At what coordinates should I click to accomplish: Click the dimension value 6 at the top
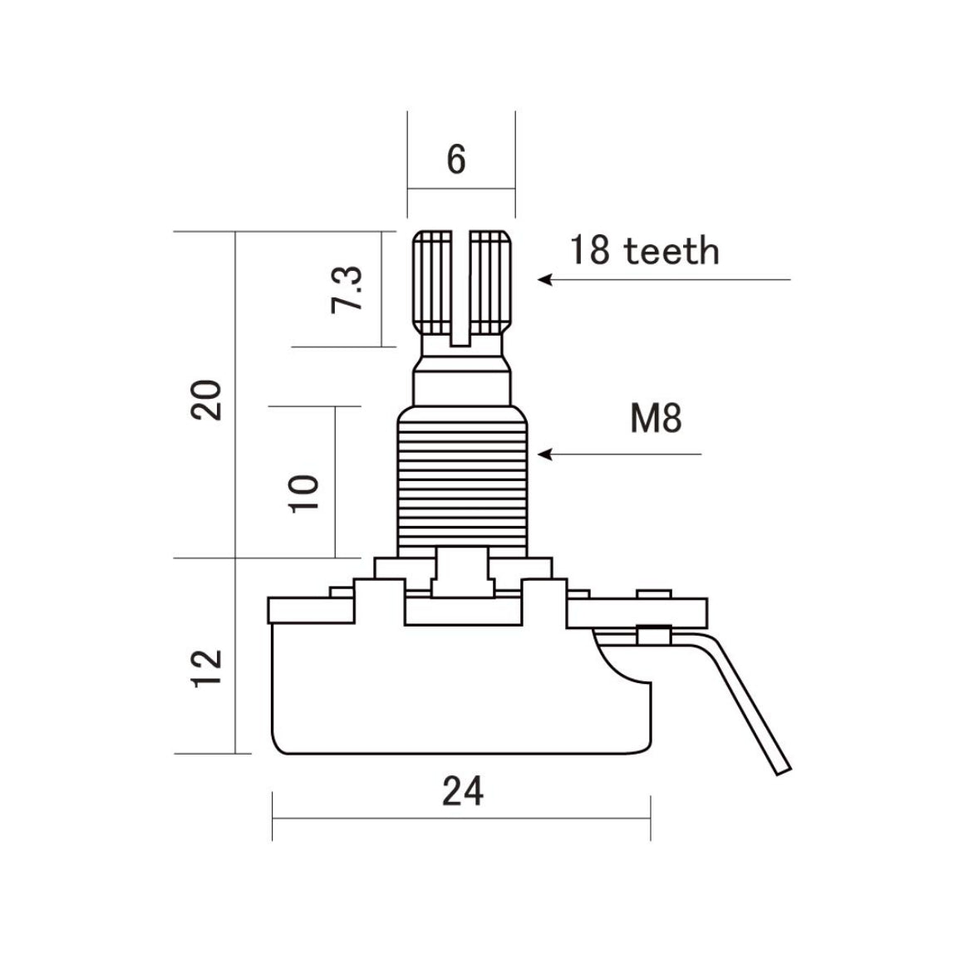coord(456,160)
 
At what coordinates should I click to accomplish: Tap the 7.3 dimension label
coord(347,290)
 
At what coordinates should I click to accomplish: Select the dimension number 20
coord(206,400)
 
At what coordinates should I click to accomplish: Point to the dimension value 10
coord(304,493)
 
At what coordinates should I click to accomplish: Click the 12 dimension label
coord(207,668)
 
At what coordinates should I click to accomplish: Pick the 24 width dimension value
coord(463,791)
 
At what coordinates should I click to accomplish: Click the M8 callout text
coord(656,418)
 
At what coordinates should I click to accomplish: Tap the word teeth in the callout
coord(671,251)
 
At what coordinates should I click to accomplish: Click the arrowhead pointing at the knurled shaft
coord(544,280)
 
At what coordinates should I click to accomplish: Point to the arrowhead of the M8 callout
coord(544,455)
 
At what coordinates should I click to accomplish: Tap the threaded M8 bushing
coord(462,482)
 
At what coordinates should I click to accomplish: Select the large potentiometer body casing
coord(461,689)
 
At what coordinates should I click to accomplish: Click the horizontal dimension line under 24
coord(461,819)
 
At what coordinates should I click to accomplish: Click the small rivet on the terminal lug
coord(653,634)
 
